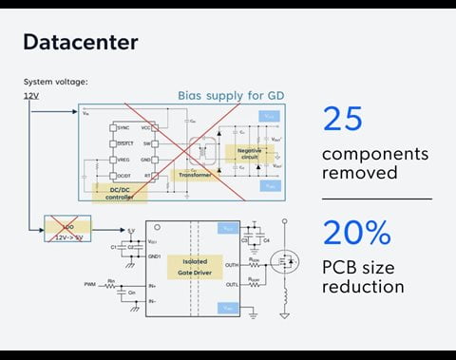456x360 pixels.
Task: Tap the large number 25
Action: tap(344, 119)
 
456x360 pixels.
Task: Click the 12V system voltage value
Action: tap(31, 95)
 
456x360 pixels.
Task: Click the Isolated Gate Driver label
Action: tap(194, 265)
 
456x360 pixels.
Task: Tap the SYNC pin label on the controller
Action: tap(123, 126)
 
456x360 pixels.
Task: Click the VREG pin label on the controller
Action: tap(123, 160)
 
